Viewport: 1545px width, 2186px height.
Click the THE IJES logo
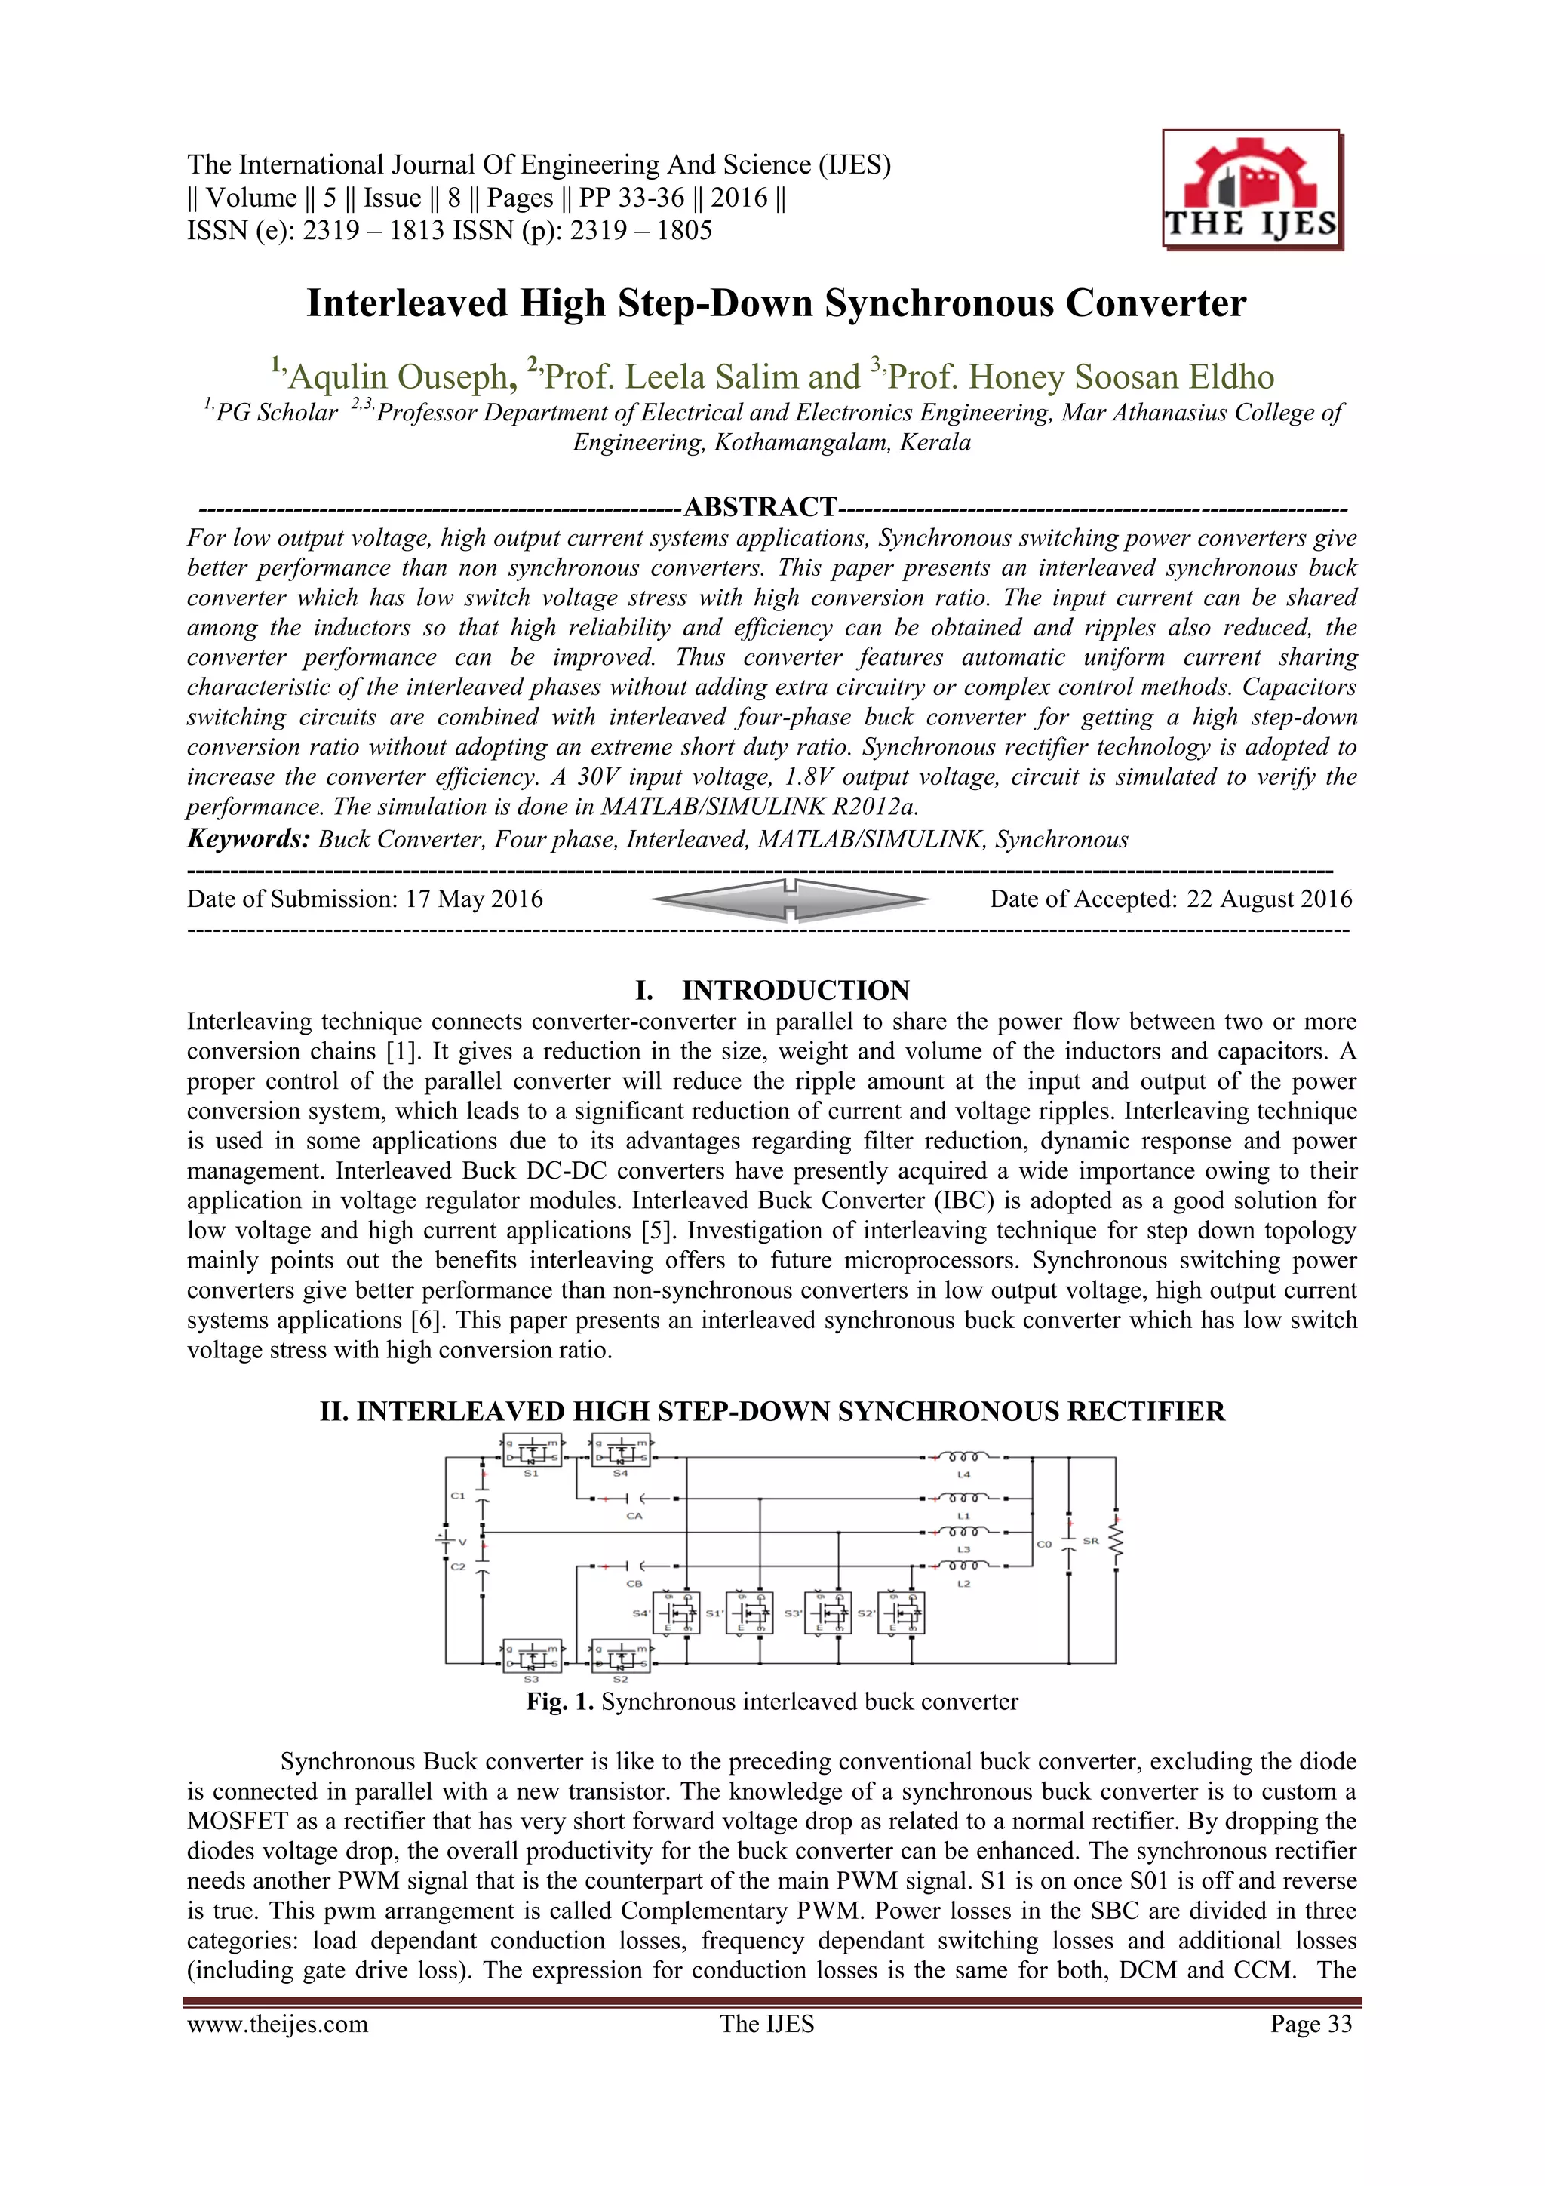[1251, 190]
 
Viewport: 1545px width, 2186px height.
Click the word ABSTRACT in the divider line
[760, 506]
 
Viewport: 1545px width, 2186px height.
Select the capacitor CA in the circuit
[635, 1499]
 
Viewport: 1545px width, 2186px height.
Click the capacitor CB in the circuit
[635, 1566]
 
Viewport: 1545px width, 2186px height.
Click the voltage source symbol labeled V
[444, 1541]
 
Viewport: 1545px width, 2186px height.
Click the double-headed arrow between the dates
[789, 899]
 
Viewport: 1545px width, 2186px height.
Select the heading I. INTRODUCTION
[772, 990]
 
